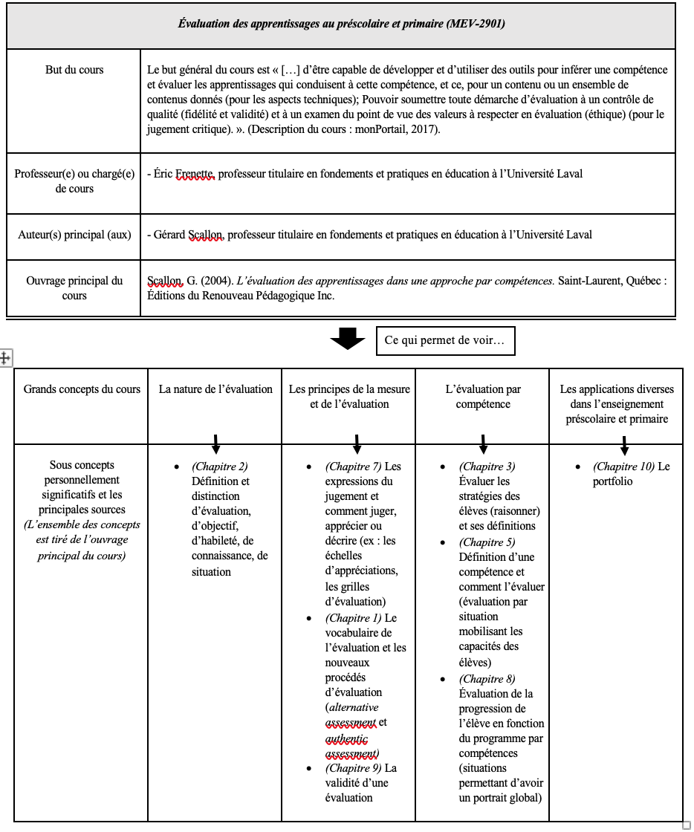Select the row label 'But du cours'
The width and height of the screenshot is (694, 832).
74,71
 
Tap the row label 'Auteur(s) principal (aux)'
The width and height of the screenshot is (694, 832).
74,235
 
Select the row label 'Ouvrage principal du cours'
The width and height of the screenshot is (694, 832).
74,288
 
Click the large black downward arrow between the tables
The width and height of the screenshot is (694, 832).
347,340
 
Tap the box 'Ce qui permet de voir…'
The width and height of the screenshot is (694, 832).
445,340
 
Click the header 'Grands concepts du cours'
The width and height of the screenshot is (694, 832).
82,389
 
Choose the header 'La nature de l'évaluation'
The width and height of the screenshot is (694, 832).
215,389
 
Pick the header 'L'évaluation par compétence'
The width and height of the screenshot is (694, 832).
483,396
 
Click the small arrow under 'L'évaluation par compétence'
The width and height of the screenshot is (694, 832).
483,443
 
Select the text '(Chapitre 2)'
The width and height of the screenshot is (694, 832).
220,467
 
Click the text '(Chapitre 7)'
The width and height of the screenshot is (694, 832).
353,467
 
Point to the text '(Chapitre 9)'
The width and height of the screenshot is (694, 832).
353,768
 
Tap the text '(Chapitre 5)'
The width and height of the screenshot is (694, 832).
487,542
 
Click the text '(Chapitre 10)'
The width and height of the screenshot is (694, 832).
623,467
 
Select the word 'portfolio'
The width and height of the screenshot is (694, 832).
614,482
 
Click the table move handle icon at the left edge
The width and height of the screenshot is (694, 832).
4,358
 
